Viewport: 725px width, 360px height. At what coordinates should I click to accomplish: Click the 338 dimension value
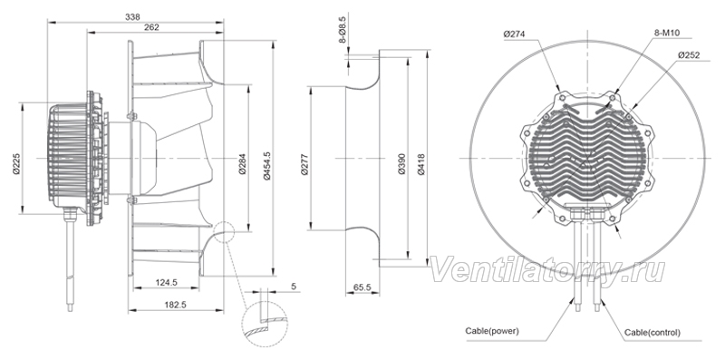click(132, 17)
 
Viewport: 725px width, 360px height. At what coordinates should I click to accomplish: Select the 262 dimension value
click(151, 28)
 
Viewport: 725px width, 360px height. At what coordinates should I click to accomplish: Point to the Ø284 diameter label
click(243, 164)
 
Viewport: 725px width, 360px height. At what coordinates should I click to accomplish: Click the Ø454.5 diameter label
click(266, 164)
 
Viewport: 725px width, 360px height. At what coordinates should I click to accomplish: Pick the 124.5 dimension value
click(167, 282)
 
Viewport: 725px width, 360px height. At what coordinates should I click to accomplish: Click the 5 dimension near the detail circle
click(293, 287)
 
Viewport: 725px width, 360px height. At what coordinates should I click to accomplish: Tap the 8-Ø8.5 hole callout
click(343, 31)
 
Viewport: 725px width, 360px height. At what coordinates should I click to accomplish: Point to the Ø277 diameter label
click(304, 164)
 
